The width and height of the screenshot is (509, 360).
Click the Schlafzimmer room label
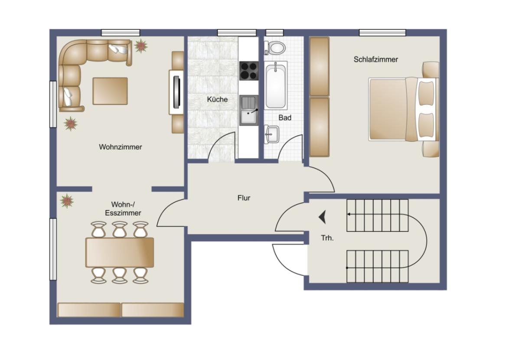click(375, 59)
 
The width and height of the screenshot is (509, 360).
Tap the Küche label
click(217, 99)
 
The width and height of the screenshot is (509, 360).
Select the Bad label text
click(285, 118)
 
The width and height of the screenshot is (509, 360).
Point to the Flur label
click(244, 198)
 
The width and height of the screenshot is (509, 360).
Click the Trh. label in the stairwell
click(327, 238)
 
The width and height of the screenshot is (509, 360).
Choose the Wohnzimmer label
click(120, 147)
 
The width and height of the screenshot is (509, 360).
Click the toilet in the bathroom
click(274, 46)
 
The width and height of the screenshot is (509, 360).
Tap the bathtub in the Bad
click(276, 85)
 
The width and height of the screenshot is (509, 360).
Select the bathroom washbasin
click(271, 134)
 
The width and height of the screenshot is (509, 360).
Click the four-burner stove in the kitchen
click(249, 71)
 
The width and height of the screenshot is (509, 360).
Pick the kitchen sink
click(249, 110)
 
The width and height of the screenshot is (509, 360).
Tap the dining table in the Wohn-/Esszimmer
click(120, 252)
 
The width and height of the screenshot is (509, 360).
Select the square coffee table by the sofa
click(110, 91)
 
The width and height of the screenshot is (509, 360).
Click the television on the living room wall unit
click(176, 92)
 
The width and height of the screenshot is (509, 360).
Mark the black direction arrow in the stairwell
click(322, 216)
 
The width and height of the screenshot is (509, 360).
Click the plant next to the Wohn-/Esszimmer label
click(67, 201)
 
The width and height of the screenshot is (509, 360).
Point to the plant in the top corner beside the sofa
click(140, 45)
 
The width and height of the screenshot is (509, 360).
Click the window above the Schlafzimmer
click(382, 33)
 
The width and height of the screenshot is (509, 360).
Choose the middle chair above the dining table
click(120, 229)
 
